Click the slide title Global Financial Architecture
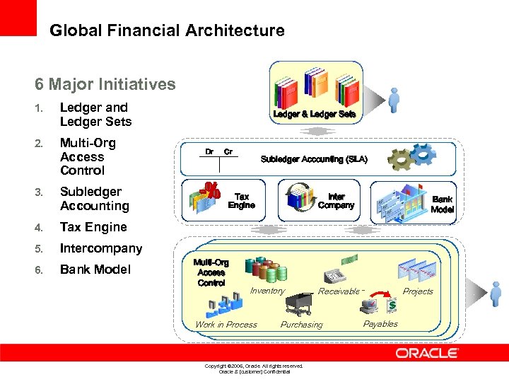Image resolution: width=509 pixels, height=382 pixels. coord(167,31)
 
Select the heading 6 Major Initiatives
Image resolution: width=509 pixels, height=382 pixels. coord(105,84)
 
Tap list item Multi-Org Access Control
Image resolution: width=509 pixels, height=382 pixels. coord(88,156)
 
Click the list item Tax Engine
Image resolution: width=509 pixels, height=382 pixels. coord(93,227)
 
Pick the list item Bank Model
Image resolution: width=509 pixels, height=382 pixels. coord(95,270)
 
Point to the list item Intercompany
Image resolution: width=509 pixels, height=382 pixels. coord(100,248)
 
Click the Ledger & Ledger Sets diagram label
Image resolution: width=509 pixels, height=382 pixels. coord(314,114)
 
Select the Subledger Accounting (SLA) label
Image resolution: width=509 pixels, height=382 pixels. coord(314,159)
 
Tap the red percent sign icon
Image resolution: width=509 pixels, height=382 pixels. coord(210,192)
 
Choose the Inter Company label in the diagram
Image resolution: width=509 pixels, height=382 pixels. coord(336,201)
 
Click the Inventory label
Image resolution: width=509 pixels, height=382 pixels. coord(267,291)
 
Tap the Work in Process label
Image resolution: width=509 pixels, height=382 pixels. coord(226,325)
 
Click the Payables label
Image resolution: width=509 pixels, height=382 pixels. coord(380,324)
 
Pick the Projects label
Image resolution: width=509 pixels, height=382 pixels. coord(418,291)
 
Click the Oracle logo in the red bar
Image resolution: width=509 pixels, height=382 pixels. coord(427,353)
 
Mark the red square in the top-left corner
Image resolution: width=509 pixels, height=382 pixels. coord(18,18)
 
